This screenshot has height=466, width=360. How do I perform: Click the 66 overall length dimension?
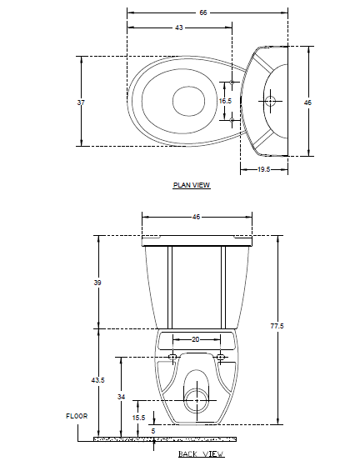click(x=202, y=13)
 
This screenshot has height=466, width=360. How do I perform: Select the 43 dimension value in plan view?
click(x=179, y=28)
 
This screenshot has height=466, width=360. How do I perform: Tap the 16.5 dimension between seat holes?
click(x=225, y=101)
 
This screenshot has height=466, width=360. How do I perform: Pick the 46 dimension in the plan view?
click(x=307, y=102)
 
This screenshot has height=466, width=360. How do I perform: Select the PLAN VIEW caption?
click(x=192, y=185)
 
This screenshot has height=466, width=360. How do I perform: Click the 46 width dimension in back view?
click(x=197, y=217)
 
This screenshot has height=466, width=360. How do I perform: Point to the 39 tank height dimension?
click(x=97, y=283)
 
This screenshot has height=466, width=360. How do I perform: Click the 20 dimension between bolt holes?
click(x=196, y=339)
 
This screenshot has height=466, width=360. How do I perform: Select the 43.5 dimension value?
click(x=98, y=380)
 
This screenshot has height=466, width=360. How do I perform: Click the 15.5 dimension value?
click(x=138, y=417)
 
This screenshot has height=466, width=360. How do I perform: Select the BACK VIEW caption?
click(x=201, y=454)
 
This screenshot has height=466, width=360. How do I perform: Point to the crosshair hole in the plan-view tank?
click(x=270, y=100)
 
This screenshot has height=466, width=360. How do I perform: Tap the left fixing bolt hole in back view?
click(x=172, y=358)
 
